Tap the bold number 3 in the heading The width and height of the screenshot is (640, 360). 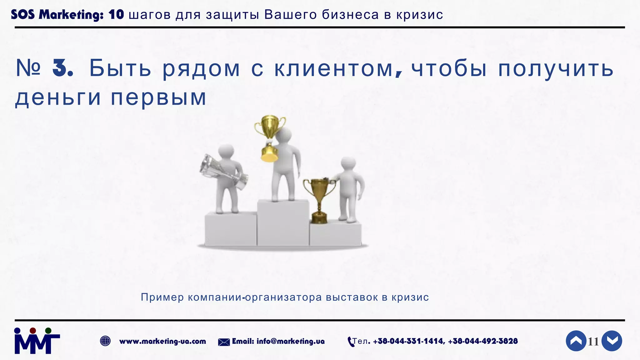click(62, 68)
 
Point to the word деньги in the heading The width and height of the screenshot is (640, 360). click(58, 97)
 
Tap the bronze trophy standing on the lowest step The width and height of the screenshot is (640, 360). click(319, 200)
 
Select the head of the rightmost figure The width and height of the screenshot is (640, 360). click(348, 164)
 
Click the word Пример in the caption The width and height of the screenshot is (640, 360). click(162, 297)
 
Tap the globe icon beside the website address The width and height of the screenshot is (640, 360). click(105, 341)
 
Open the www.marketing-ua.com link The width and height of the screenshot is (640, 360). click(162, 341)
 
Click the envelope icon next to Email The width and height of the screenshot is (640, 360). click(224, 342)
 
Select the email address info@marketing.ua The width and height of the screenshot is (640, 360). click(290, 341)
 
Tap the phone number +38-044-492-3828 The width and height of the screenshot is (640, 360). click(483, 341)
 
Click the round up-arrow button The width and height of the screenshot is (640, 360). click(576, 341)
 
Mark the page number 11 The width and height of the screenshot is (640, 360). click(593, 342)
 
